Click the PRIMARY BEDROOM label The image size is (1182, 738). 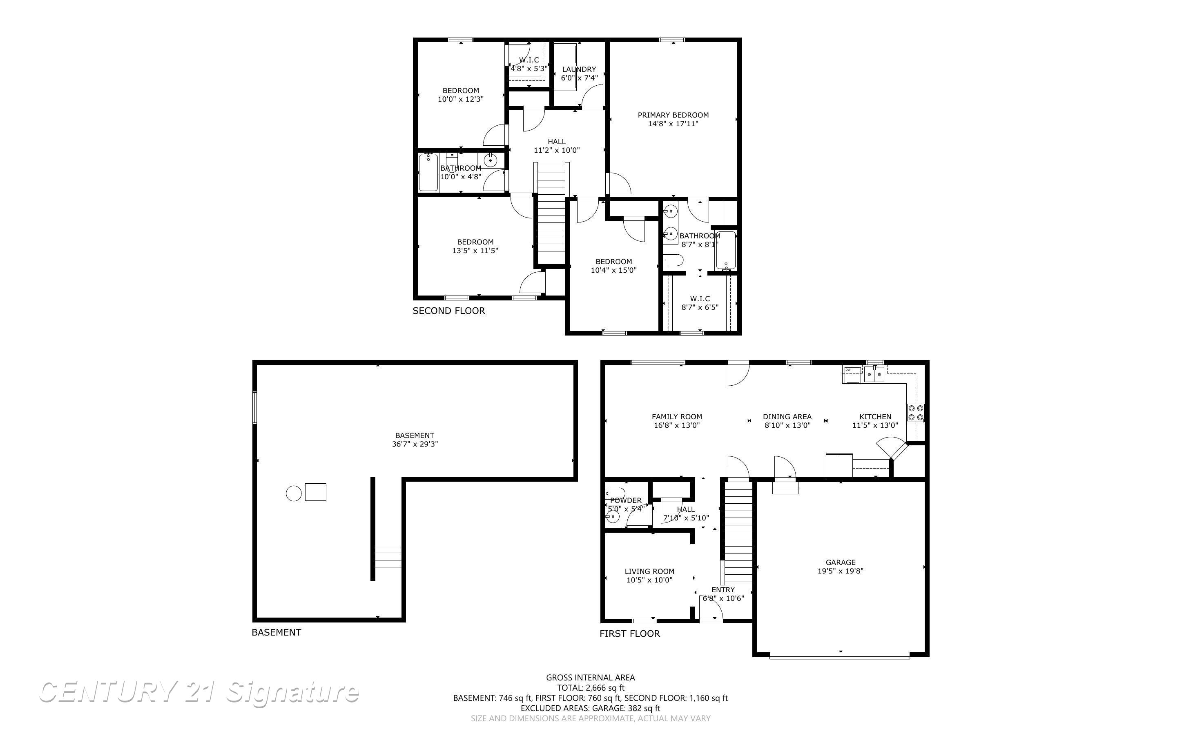[673, 115]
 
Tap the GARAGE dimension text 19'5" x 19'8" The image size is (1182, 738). [840, 571]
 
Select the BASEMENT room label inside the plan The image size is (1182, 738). [414, 436]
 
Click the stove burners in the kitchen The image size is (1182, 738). [915, 412]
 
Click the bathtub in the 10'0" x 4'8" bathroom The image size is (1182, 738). [428, 172]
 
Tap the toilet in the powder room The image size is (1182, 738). [614, 493]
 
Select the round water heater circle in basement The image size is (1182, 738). [293, 493]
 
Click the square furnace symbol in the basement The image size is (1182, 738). [315, 491]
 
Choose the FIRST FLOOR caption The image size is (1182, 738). [629, 634]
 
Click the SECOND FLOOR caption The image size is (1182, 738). [448, 311]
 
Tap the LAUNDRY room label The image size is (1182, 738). [579, 69]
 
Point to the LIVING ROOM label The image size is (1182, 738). [649, 571]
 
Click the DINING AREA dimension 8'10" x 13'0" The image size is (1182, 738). [787, 426]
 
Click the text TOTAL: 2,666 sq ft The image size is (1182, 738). [590, 688]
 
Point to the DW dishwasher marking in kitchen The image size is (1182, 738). [848, 370]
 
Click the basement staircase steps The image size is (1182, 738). [388, 556]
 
